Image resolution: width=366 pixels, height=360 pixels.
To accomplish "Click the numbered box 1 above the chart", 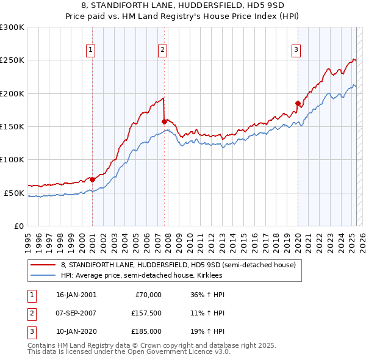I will [x=90, y=51].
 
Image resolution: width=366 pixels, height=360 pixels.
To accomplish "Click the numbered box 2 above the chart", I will [x=163, y=51].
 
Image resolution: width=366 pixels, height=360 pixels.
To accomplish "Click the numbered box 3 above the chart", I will [x=296, y=51].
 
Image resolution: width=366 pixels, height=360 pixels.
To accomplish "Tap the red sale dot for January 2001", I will [x=92, y=179].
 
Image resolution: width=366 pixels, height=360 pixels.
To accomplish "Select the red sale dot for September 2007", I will [x=164, y=121].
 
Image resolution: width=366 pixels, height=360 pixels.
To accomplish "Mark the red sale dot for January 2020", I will [x=298, y=103].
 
